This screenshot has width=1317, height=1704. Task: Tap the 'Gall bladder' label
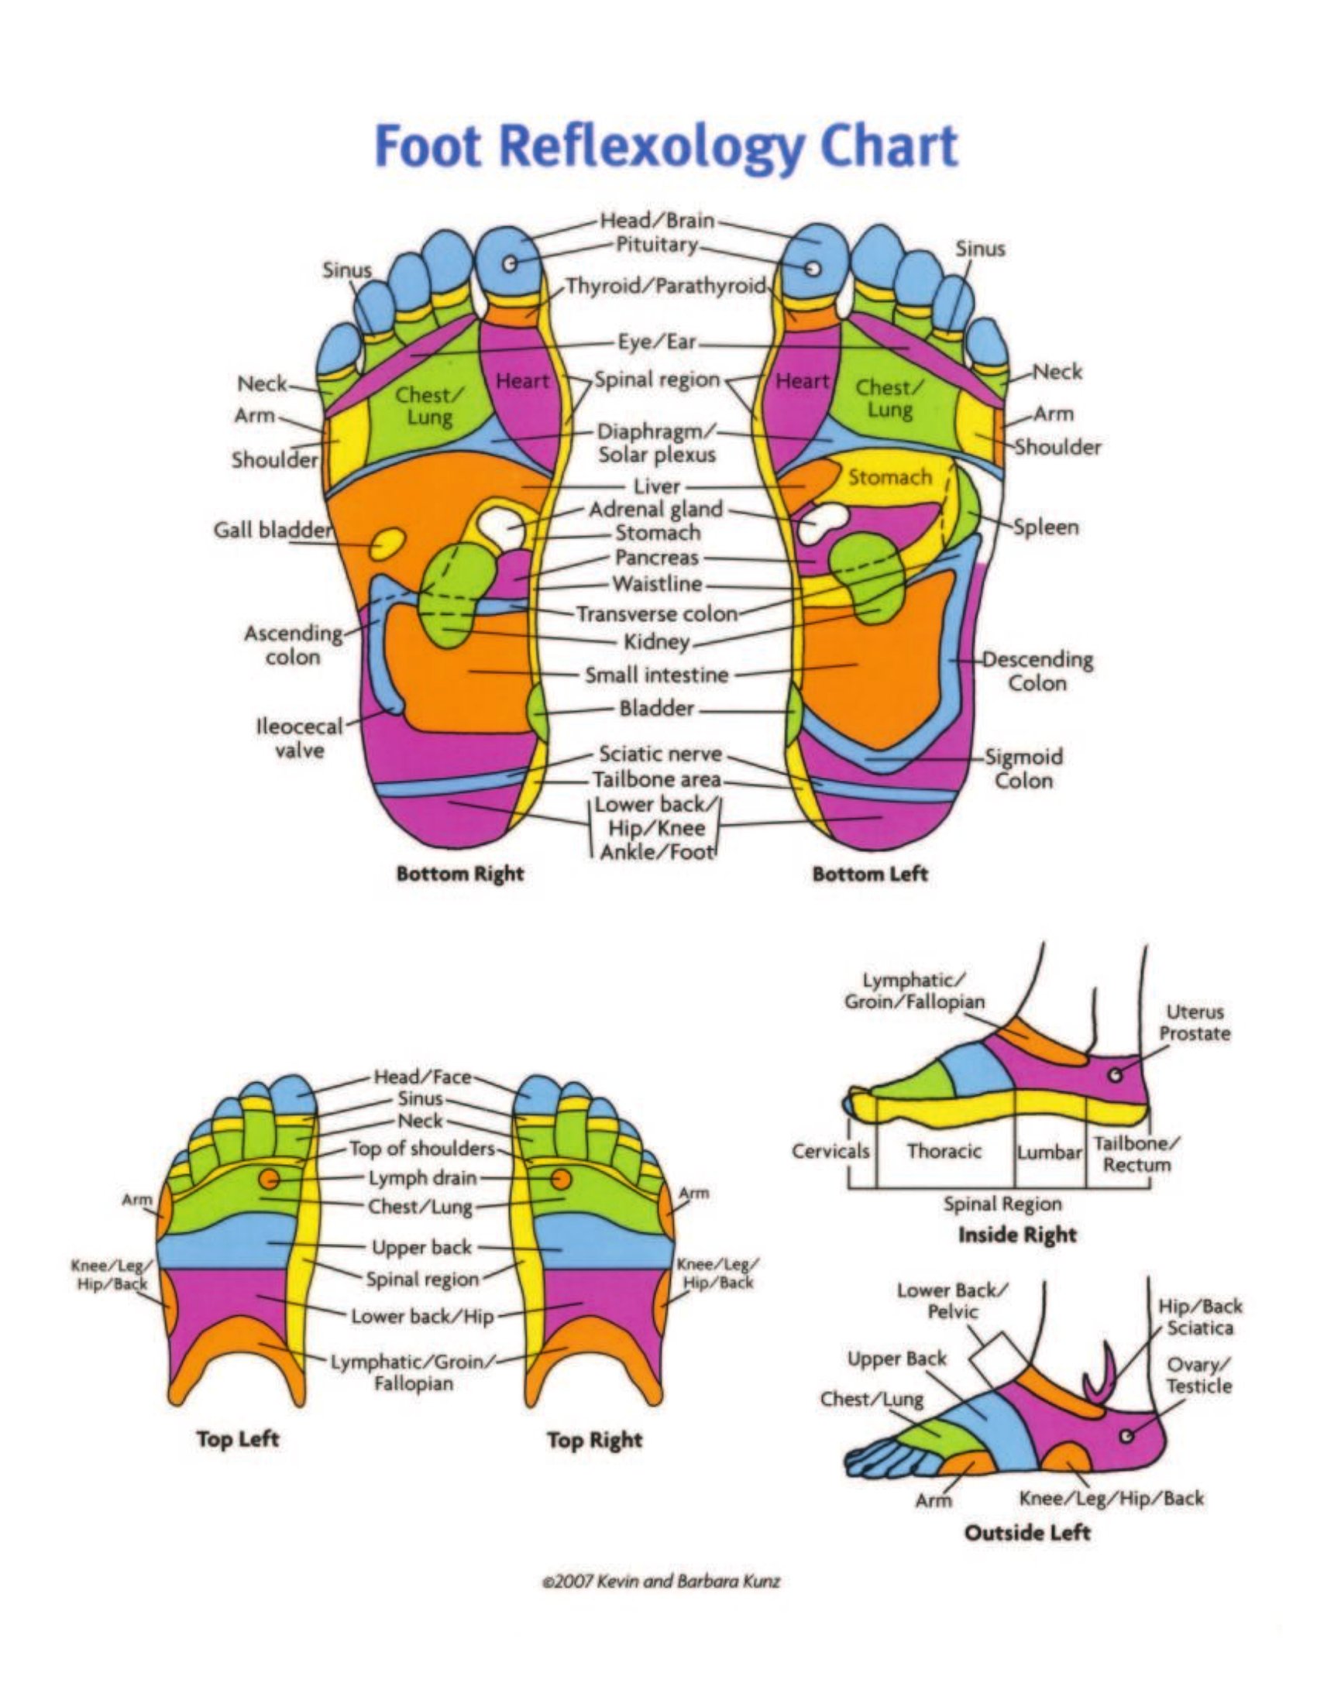coord(272,531)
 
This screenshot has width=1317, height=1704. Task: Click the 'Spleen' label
coord(1047,527)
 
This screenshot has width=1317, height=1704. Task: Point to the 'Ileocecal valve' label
coord(301,738)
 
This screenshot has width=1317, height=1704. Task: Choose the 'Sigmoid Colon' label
coord(1023,768)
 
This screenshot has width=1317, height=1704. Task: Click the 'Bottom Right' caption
coord(459,874)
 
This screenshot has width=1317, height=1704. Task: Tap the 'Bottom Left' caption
coord(870,874)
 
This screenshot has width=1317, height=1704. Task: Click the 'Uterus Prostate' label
coord(1195,1023)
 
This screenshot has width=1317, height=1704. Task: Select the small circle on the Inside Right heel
coord(1116,1074)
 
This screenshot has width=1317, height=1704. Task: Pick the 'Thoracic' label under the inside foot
coord(944,1151)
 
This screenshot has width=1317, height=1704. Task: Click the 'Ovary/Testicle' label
coord(1199,1376)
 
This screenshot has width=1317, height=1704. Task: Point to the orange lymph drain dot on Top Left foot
coord(269,1177)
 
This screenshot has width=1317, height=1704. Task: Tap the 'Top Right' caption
coord(594,1441)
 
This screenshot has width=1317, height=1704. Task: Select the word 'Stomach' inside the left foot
coord(889,476)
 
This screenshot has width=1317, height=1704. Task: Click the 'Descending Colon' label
coord(1037,671)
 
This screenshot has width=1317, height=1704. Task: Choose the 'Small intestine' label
coord(657,675)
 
